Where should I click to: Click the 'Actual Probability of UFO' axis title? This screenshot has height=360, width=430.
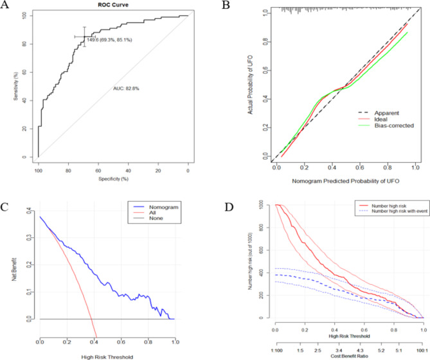click(251, 84)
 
